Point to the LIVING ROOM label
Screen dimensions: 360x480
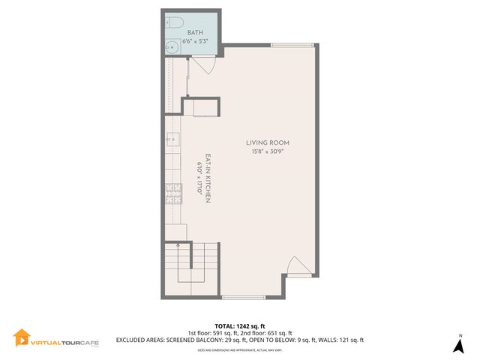pyautogui.click(x=268, y=142)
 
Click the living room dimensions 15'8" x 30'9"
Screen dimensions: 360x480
pyautogui.click(x=268, y=151)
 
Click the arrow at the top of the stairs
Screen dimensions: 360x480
pyautogui.click(x=178, y=244)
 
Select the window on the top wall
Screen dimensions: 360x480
pyautogui.click(x=292, y=45)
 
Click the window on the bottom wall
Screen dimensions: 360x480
pyautogui.click(x=244, y=298)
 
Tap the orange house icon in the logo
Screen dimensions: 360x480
pyautogui.click(x=21, y=338)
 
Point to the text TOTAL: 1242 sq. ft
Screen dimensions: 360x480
pyautogui.click(x=239, y=325)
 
